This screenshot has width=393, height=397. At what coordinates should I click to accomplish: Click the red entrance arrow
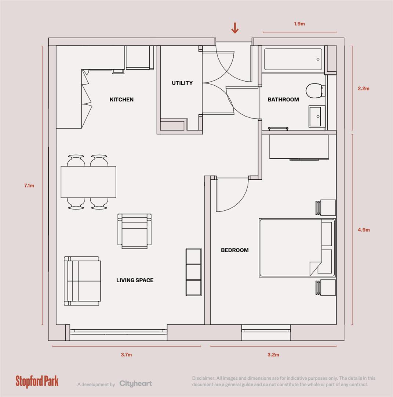(235, 28)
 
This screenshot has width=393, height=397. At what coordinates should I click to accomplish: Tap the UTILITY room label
(182, 83)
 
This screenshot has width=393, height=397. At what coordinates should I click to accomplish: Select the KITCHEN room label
(121, 100)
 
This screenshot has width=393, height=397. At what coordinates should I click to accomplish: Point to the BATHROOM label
(283, 100)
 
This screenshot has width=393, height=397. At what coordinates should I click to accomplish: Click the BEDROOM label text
(234, 250)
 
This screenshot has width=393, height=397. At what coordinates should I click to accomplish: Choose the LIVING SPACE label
(135, 280)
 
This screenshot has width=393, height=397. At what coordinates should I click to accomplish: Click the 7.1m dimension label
(29, 186)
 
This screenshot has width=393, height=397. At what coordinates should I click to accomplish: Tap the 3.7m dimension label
(126, 355)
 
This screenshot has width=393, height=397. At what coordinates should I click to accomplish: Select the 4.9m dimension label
(364, 230)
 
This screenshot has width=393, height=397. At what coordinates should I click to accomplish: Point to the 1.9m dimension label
(299, 24)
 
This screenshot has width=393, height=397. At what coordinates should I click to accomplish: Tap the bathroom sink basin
(316, 116)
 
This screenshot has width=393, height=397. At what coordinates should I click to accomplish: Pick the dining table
(88, 182)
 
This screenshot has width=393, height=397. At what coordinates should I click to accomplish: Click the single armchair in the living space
(134, 231)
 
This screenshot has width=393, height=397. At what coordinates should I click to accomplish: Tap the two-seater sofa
(82, 281)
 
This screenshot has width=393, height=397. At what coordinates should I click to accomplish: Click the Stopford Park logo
(37, 382)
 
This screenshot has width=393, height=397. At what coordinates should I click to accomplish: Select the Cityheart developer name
(135, 384)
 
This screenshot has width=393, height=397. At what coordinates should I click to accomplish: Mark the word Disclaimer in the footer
(203, 378)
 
